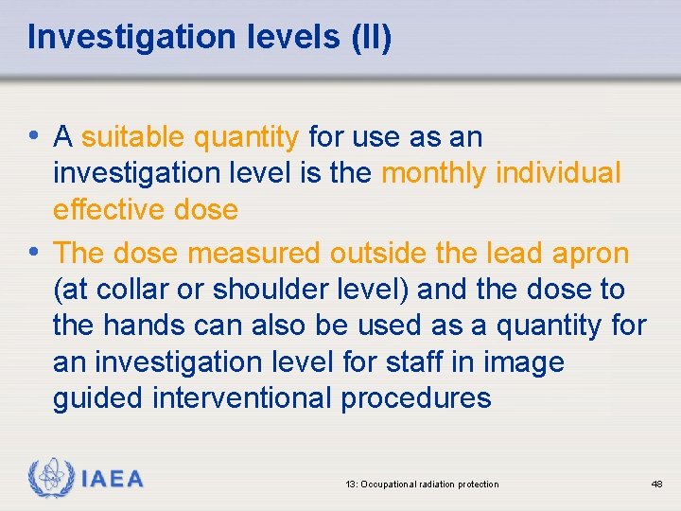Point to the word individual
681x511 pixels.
coord(558,173)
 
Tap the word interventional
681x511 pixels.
coord(241,397)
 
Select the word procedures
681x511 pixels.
coord(416,397)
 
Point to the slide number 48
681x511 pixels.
coord(656,485)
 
